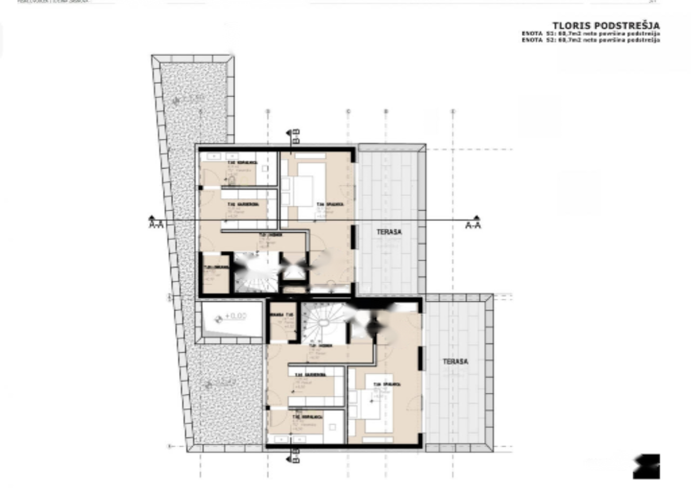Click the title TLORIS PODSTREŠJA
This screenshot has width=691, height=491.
pos(606,25)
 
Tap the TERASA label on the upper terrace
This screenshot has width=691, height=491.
pos(389,232)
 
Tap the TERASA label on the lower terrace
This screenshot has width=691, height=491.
pos(455,361)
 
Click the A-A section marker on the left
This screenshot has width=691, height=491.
pos(156,224)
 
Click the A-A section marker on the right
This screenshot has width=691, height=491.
pos(473,225)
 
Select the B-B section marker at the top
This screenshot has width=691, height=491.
pos(295,136)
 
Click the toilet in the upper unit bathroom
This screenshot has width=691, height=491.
pos(232,180)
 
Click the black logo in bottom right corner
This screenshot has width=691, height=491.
pos(646,466)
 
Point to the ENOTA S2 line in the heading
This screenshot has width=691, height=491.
pos(590,41)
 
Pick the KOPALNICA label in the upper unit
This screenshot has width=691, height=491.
pos(238,162)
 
